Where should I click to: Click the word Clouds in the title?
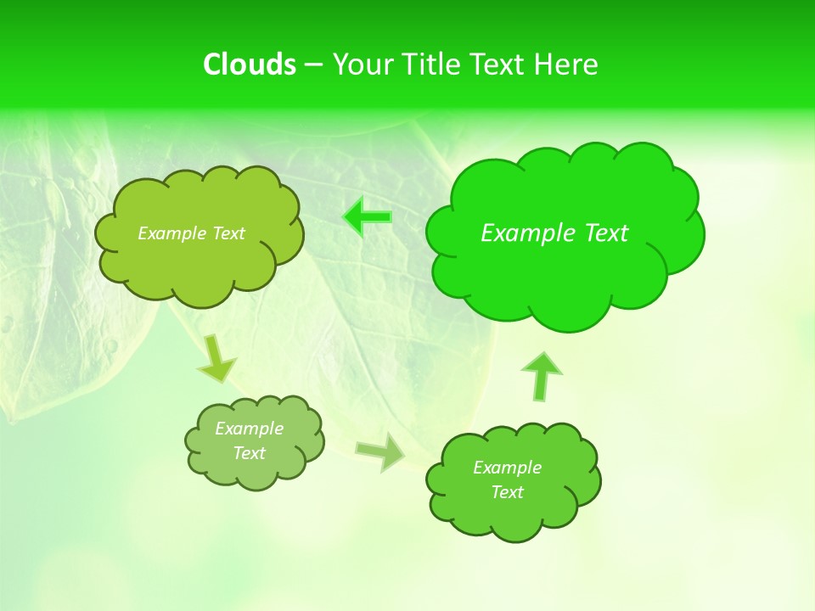[250, 64]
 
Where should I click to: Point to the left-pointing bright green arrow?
[368, 217]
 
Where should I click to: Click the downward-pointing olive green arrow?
[216, 357]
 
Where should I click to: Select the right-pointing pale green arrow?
[381, 452]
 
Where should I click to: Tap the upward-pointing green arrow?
[541, 375]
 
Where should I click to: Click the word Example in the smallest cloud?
[249, 429]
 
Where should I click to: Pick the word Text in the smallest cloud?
[249, 453]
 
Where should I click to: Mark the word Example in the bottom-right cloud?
[507, 468]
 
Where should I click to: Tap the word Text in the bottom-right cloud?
[507, 492]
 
